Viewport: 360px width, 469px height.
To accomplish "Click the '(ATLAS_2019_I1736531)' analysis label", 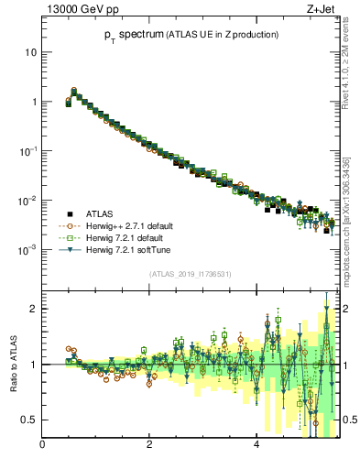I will click(190, 274).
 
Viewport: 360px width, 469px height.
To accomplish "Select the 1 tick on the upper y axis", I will click(34, 102).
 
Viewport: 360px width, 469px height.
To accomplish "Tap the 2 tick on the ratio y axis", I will click(34, 309).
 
